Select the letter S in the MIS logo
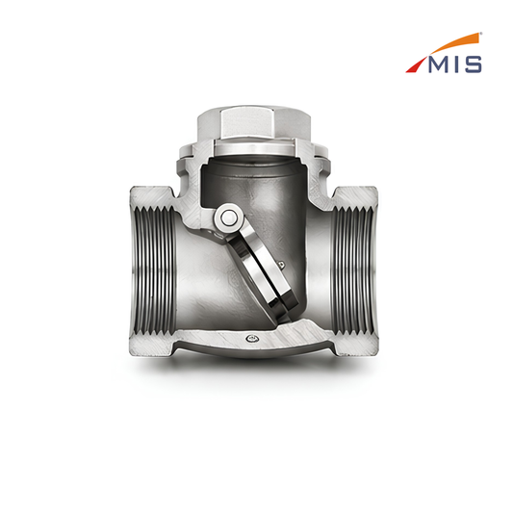(x=474, y=64)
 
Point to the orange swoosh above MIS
(x=458, y=43)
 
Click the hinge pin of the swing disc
(x=228, y=218)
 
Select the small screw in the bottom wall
(x=251, y=339)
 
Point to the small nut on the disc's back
(x=281, y=265)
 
